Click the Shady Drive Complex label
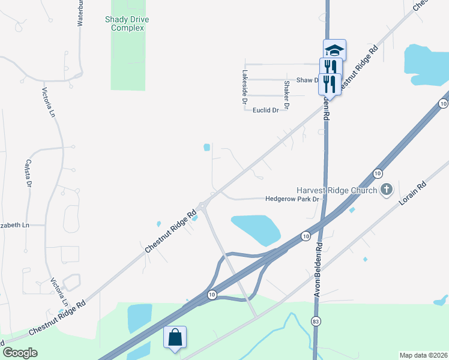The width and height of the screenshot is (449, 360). [x=127, y=23]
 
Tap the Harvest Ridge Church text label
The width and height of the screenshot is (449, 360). [x=336, y=190]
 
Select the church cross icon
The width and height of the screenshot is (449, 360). [x=387, y=190]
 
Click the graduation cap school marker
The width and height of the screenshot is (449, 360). [x=334, y=50]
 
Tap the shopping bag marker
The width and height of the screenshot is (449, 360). [x=175, y=337]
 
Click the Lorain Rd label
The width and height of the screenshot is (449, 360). [x=414, y=193]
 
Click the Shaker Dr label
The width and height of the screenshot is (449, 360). [x=286, y=95]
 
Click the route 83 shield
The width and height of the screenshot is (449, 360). [x=316, y=322]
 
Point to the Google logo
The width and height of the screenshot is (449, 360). [x=20, y=353]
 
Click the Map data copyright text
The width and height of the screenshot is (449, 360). [x=423, y=355]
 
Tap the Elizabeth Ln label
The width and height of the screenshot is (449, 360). [x=14, y=225]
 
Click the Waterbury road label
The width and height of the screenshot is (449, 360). [x=80, y=13]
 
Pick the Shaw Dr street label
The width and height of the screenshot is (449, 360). [x=307, y=80]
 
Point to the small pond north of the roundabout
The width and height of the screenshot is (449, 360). [x=206, y=146]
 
